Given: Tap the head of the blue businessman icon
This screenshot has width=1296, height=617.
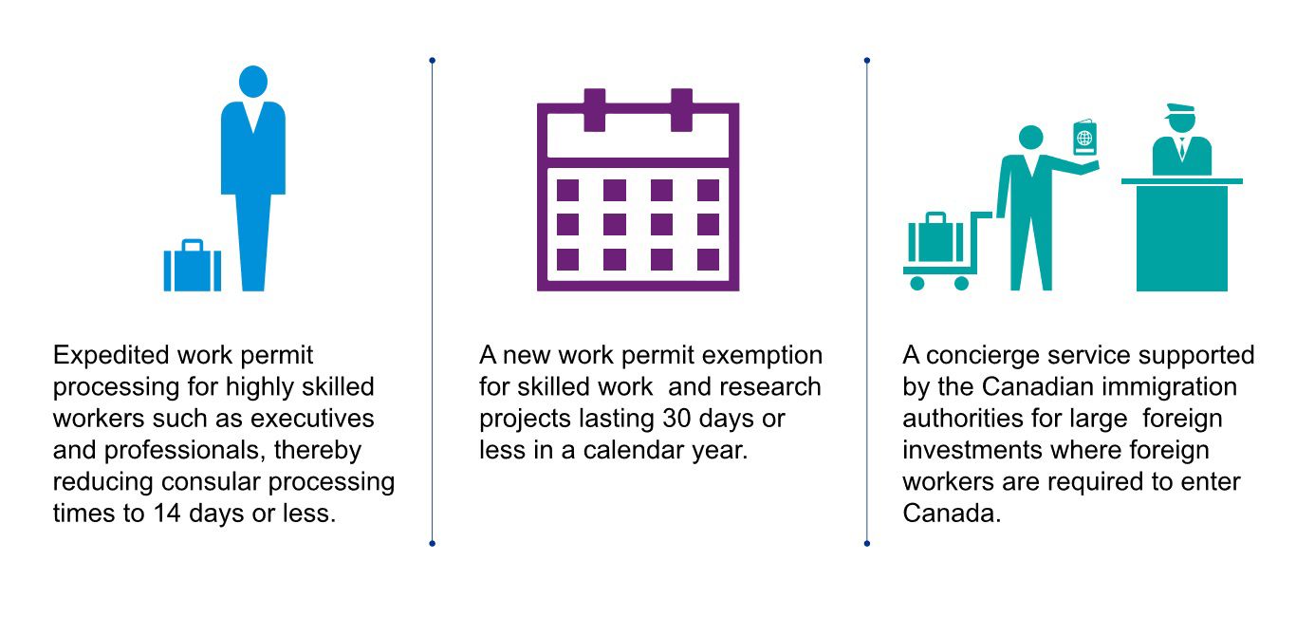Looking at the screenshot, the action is [252, 82].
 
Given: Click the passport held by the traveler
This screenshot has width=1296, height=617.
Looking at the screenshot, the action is [1084, 138].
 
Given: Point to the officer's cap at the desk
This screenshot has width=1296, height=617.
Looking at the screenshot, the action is [1180, 110].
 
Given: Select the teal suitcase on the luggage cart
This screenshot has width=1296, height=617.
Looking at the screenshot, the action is [935, 237].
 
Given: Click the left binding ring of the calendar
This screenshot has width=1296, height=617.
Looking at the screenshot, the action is [595, 110].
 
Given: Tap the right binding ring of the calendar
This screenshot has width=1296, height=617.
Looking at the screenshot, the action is [681, 110].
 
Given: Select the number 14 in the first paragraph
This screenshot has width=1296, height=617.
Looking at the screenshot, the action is [167, 514].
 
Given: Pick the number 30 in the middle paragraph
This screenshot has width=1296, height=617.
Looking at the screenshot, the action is [676, 419].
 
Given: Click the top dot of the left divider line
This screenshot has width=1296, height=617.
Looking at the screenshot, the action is [433, 60].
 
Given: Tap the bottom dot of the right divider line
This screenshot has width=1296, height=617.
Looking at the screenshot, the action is [867, 544].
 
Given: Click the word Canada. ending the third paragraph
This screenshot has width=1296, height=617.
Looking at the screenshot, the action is [952, 514].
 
